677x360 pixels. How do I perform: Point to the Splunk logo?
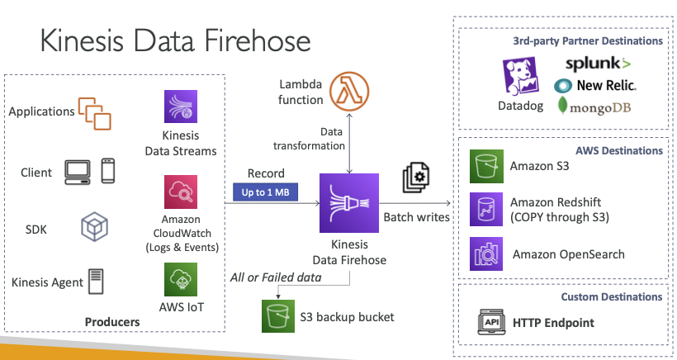tap(599, 63)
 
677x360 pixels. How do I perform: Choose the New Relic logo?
tap(595, 84)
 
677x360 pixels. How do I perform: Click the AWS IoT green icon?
tap(179, 280)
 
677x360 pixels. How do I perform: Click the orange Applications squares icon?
tap(93, 114)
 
